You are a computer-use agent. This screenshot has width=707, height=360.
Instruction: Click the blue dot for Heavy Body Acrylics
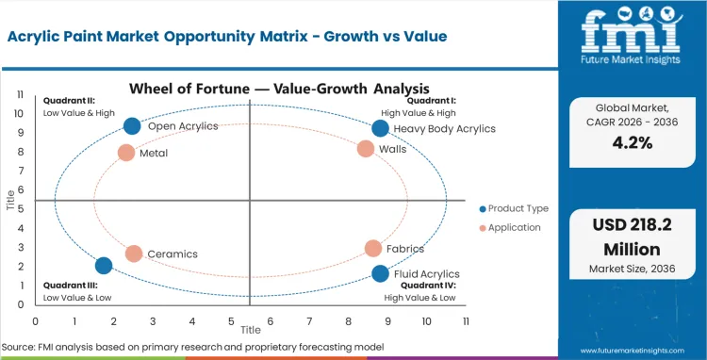[380, 128]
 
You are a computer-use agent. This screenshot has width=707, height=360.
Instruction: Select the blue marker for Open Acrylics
[132, 126]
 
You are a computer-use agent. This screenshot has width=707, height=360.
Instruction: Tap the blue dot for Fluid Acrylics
[380, 273]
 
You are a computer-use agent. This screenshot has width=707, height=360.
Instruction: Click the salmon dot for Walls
[366, 149]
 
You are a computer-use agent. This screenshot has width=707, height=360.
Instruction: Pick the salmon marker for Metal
[126, 153]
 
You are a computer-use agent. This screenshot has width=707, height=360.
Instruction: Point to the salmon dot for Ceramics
[134, 254]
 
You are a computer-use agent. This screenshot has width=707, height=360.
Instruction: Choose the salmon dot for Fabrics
[373, 249]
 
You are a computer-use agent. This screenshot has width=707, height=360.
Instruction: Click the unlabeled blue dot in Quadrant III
[104, 266]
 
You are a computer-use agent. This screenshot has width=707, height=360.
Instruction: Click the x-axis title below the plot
[250, 331]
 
